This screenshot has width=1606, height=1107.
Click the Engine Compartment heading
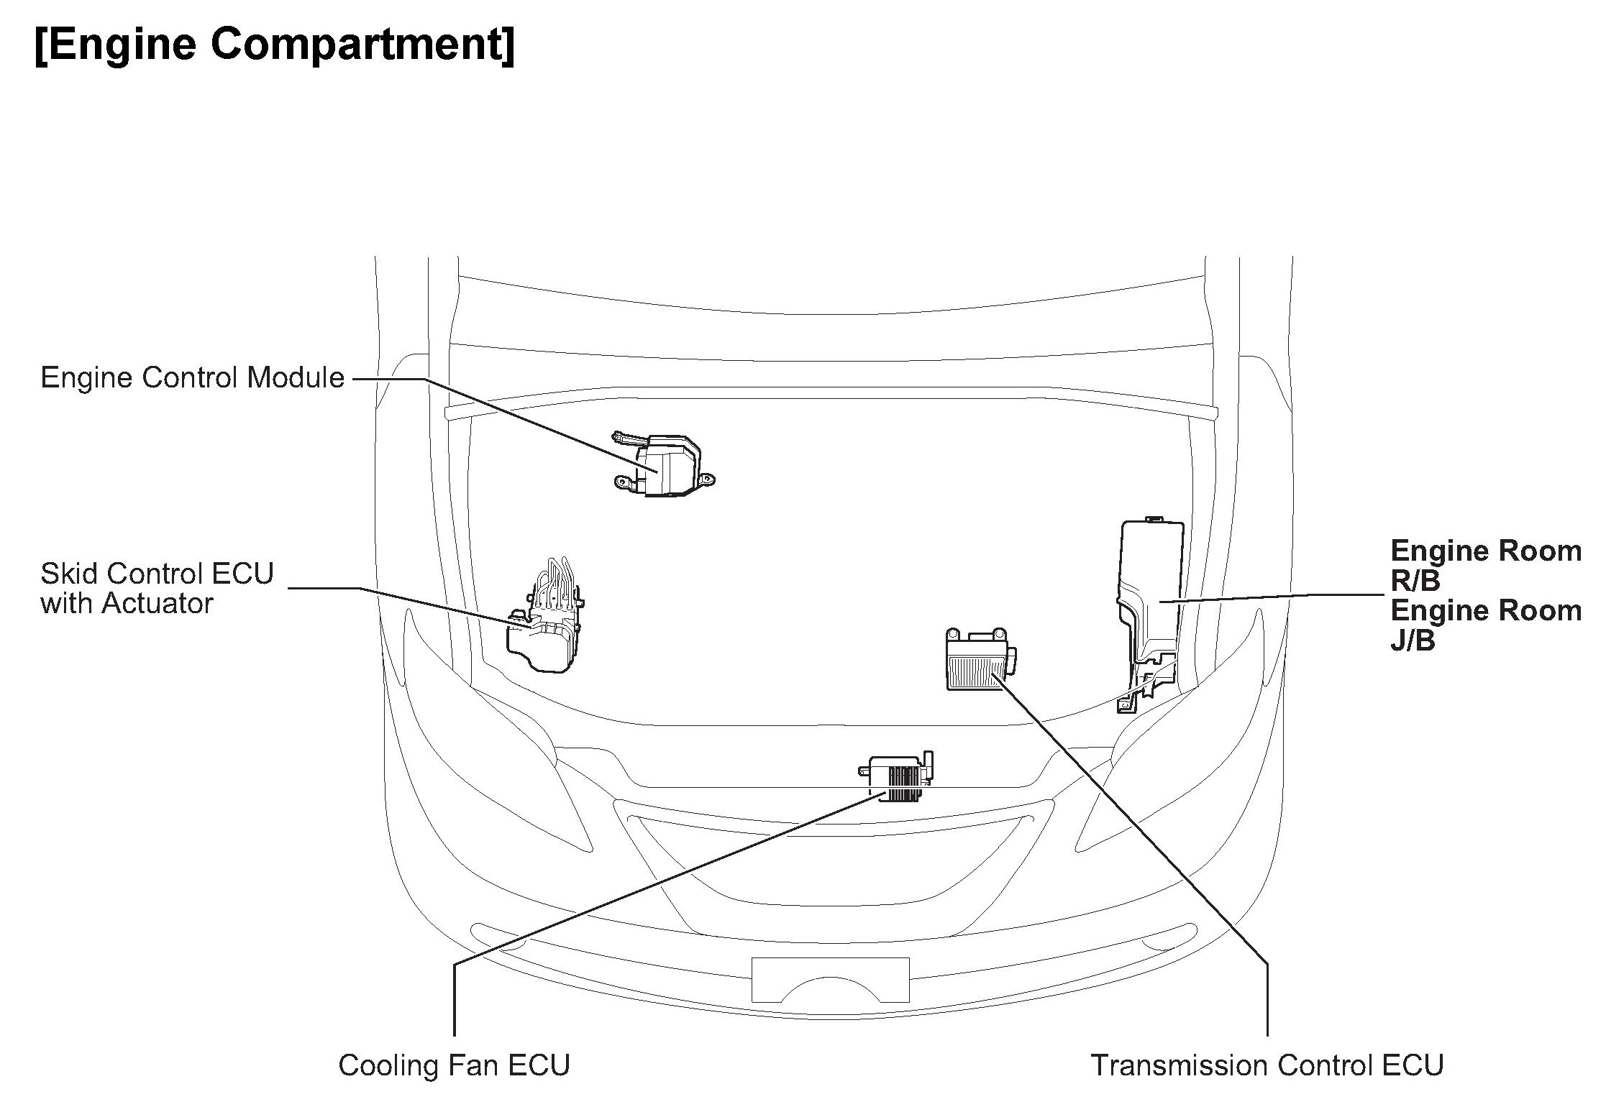click(x=274, y=45)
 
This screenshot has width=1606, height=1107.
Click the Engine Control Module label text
click(x=192, y=377)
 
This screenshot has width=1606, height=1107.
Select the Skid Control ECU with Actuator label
click(x=157, y=589)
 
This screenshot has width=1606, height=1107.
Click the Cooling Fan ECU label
click(x=454, y=1065)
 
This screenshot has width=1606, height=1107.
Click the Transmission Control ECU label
click(x=1267, y=1065)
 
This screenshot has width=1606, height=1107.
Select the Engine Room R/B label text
click(x=1486, y=565)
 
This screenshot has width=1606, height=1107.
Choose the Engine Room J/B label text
click(x=1486, y=625)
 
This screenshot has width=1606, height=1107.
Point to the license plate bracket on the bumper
click(x=830, y=979)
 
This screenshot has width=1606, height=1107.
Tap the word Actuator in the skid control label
click(x=158, y=604)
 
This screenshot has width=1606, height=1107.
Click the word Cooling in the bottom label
click(x=382, y=1065)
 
